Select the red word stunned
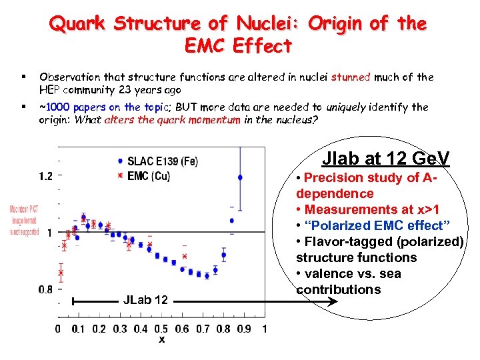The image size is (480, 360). click(x=350, y=77)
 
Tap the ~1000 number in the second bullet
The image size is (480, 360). click(x=55, y=107)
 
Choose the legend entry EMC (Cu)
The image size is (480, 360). click(x=148, y=175)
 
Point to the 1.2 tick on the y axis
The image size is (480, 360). click(x=45, y=176)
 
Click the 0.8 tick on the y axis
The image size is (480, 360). click(x=45, y=289)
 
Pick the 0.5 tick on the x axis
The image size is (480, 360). click(x=161, y=329)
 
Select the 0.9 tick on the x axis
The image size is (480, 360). click(x=244, y=329)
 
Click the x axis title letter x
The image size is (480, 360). click(x=161, y=340)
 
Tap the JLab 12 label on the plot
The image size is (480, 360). click(x=145, y=301)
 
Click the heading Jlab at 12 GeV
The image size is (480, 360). click(x=385, y=159)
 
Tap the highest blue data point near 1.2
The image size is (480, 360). click(x=240, y=177)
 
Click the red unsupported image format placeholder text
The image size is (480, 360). click(x=23, y=219)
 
